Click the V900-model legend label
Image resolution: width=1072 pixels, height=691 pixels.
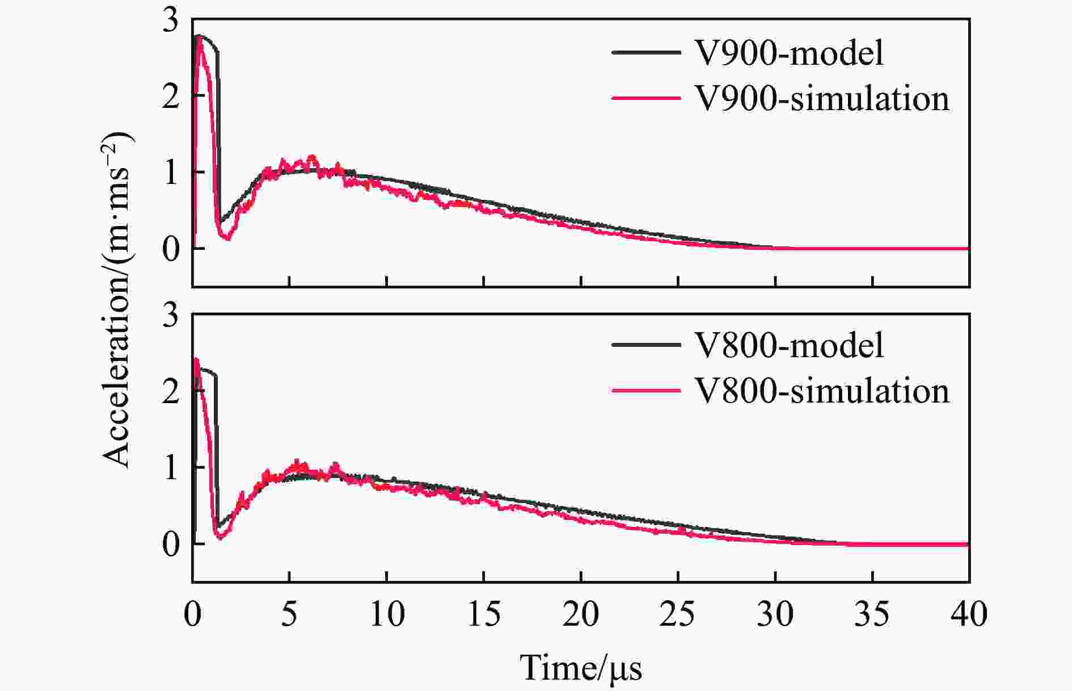[789, 53]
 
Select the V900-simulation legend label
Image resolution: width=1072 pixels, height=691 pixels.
[822, 99]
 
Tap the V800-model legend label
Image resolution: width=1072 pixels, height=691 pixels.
[789, 345]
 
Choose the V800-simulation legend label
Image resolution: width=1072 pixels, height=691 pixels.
[822, 391]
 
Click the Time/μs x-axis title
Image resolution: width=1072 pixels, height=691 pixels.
[581, 668]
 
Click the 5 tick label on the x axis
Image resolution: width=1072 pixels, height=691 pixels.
[289, 614]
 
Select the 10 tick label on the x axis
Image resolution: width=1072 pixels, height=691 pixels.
[387, 614]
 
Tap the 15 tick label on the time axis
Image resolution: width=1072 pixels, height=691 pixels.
[484, 614]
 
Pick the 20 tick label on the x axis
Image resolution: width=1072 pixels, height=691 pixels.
[581, 614]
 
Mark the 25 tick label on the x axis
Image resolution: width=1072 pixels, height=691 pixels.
[678, 614]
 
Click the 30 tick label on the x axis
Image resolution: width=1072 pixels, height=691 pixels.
[775, 614]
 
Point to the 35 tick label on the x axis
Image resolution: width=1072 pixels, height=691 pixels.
[872, 614]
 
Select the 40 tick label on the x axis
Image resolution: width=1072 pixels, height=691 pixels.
[969, 614]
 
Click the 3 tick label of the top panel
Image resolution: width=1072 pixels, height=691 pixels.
[170, 22]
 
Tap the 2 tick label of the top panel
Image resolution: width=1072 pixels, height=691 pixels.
[170, 97]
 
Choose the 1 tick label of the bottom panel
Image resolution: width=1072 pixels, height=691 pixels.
[170, 467]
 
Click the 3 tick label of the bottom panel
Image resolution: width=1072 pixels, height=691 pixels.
[170, 315]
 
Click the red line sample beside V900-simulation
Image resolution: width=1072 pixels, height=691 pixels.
[646, 98]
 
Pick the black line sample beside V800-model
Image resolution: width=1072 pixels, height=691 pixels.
[646, 345]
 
